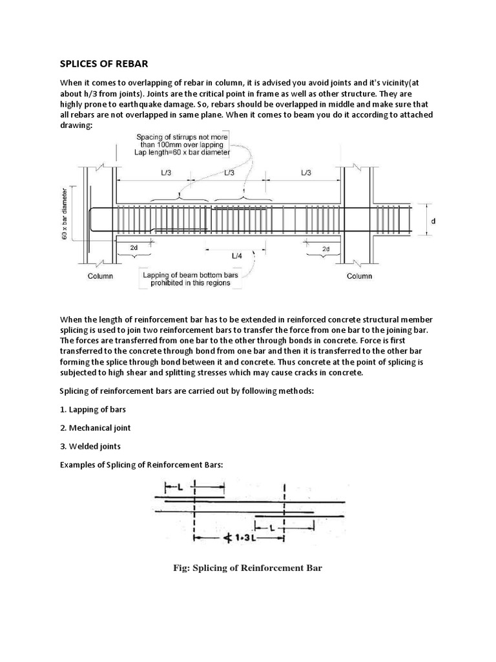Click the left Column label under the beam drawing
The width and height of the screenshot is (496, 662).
[x=100, y=276]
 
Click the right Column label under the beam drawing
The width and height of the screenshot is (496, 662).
[x=359, y=276]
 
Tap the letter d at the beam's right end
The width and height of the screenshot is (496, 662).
[x=433, y=222]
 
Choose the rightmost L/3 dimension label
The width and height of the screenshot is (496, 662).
[x=307, y=173]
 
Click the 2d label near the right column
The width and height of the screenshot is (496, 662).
[x=325, y=248]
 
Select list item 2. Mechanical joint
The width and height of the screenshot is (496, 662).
[x=98, y=427]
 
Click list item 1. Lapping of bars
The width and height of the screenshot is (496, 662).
[x=94, y=409]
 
